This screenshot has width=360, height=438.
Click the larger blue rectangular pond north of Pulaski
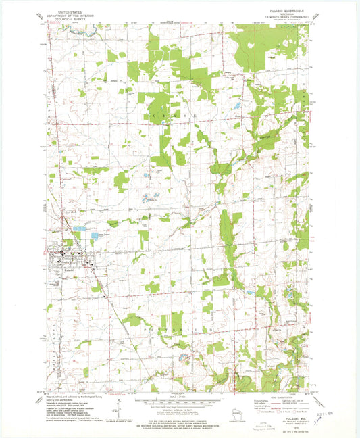tap(80, 229)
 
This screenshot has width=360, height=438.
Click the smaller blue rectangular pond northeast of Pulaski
tap(95, 236)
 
